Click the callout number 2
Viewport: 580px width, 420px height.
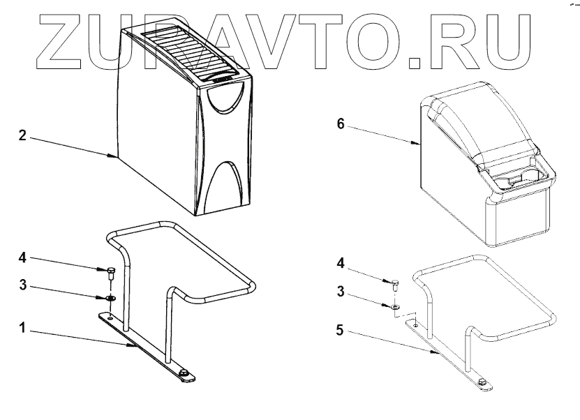(23, 135)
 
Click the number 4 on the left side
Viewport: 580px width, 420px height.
(23, 257)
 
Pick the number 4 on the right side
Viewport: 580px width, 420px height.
(340, 263)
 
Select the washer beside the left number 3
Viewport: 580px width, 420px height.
(110, 298)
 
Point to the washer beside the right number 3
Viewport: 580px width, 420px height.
(395, 306)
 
